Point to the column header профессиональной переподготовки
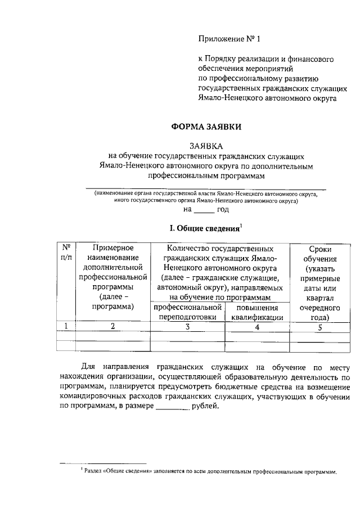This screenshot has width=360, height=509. [187, 312]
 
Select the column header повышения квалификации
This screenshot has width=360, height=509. [256, 312]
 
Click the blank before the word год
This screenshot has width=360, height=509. [204, 210]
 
